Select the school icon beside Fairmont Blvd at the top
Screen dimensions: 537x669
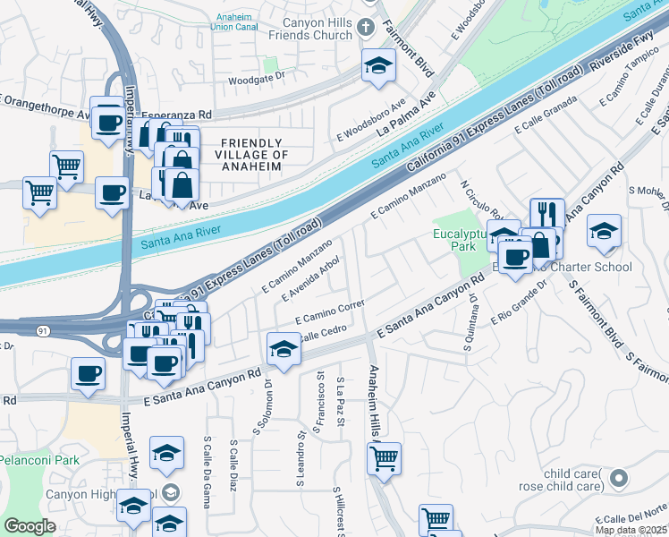(379, 65)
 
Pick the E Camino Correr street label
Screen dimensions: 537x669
(331, 312)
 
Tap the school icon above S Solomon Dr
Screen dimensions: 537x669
(284, 349)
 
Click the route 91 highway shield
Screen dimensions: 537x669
(43, 331)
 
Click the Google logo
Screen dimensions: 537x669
(30, 525)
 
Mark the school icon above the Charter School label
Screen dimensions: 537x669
(604, 231)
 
